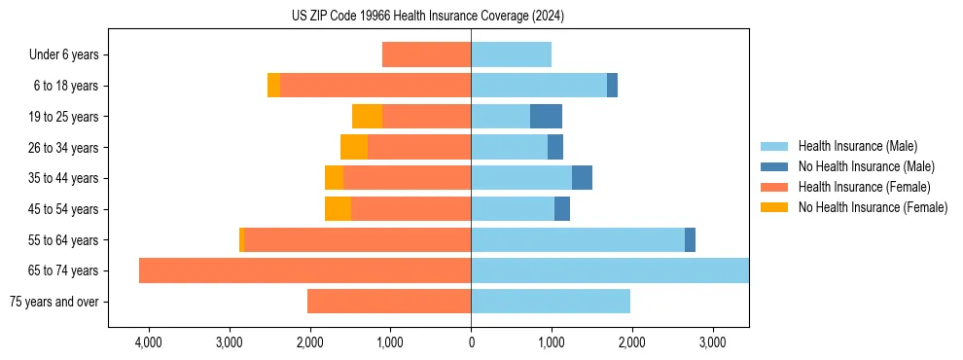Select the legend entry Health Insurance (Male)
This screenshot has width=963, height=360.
coord(857,146)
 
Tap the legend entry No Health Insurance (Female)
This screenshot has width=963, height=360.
coord(873,207)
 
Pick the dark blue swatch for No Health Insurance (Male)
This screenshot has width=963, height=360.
coord(775,166)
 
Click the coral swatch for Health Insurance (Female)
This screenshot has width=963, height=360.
coord(775,187)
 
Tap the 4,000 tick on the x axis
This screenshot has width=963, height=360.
coord(149,342)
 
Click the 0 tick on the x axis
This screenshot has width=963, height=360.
coord(471,342)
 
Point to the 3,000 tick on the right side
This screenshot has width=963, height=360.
coord(712,342)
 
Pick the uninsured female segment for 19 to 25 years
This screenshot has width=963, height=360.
coord(367,117)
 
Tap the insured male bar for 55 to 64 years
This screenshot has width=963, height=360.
coord(578,240)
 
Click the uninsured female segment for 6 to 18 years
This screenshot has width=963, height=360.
coord(273,86)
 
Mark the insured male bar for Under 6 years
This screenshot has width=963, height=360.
coord(511,55)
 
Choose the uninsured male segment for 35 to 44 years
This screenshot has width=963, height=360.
coord(582,178)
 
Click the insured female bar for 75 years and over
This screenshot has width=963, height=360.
coord(389,302)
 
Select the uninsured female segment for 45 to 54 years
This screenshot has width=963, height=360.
coord(338,209)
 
